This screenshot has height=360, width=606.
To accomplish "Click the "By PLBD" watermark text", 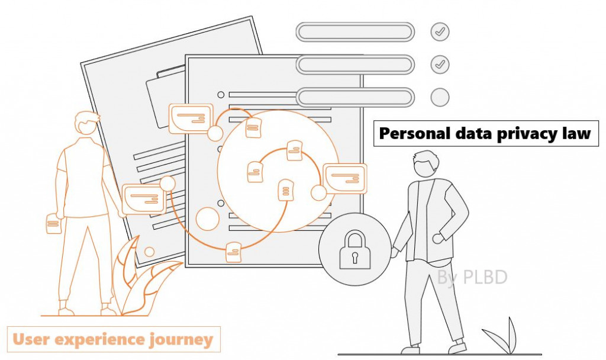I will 472,277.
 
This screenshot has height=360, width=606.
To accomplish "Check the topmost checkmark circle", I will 440,32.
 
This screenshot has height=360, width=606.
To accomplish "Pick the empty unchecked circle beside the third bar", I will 440,97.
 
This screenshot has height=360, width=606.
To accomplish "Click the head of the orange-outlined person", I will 86,124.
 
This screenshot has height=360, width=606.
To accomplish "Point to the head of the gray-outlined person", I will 426,163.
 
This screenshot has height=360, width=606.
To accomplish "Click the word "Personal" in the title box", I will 409,134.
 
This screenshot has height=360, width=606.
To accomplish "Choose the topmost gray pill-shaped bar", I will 354,32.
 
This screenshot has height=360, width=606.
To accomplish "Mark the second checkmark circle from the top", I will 440,64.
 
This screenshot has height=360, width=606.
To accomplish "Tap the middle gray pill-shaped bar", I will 354,64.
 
